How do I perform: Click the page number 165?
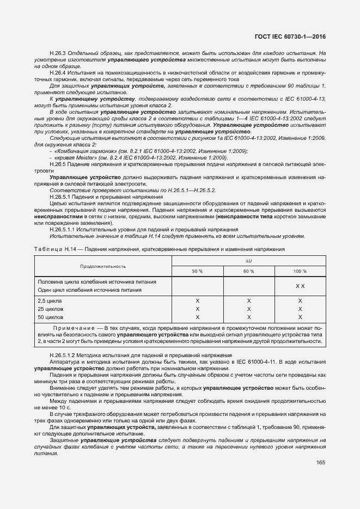click(320, 463)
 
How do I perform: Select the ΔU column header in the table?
click(248, 261)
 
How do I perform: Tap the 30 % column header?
click(197, 271)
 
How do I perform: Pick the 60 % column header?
click(248, 271)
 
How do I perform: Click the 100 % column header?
click(300, 271)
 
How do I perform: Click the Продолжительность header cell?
click(103, 266)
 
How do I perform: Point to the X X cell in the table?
click(300, 286)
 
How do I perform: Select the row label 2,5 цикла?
click(50, 301)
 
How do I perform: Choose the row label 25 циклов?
click(51, 309)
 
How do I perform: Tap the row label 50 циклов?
click(51, 317)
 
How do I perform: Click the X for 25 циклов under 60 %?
click(248, 309)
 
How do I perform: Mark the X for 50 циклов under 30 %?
click(197, 317)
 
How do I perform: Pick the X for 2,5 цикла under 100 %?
click(300, 301)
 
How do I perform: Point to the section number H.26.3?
click(57, 53)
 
